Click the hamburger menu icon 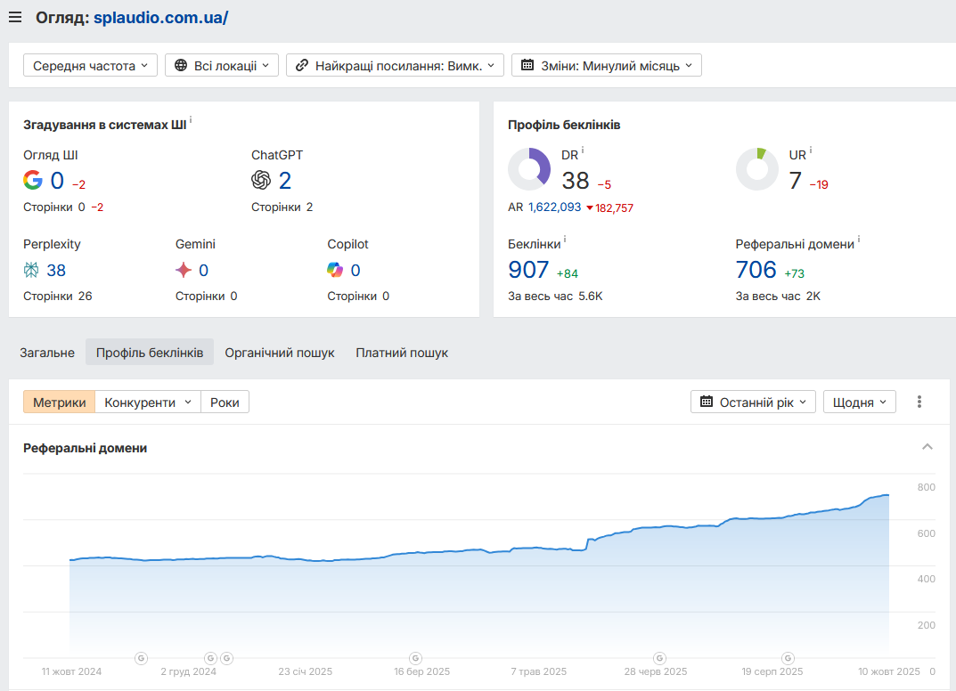15,17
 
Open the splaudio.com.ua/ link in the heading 160,17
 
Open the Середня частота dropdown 90,65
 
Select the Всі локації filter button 222,65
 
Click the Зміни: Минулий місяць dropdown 606,65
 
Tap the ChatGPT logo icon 261,181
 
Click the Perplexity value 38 56,270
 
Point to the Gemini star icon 184,270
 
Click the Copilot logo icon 335,270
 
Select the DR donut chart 529,169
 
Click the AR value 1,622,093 554,207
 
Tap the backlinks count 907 528,269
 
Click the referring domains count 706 756,269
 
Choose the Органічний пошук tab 280,353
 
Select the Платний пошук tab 402,353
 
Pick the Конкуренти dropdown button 148,402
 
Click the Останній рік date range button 753,402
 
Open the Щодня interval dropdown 859,402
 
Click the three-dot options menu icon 919,402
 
